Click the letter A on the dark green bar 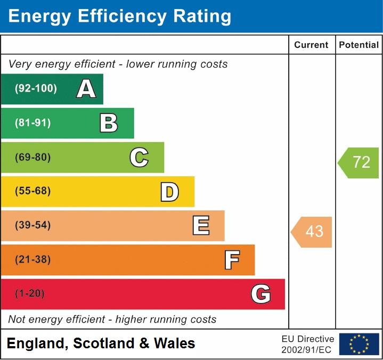(86, 89)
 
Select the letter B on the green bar (109, 123)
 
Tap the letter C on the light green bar (139, 158)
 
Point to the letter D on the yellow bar (169, 192)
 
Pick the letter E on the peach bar (201, 226)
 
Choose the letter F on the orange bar (232, 260)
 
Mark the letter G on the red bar (261, 294)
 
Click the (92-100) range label (36, 89)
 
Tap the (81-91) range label (33, 123)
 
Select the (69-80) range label (33, 158)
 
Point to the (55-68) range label (33, 191)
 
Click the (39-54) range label (33, 225)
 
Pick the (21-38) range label (33, 260)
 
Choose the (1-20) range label (30, 294)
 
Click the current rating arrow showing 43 (313, 232)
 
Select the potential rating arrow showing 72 (360, 162)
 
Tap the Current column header (311, 45)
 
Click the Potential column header (359, 45)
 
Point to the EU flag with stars (359, 344)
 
